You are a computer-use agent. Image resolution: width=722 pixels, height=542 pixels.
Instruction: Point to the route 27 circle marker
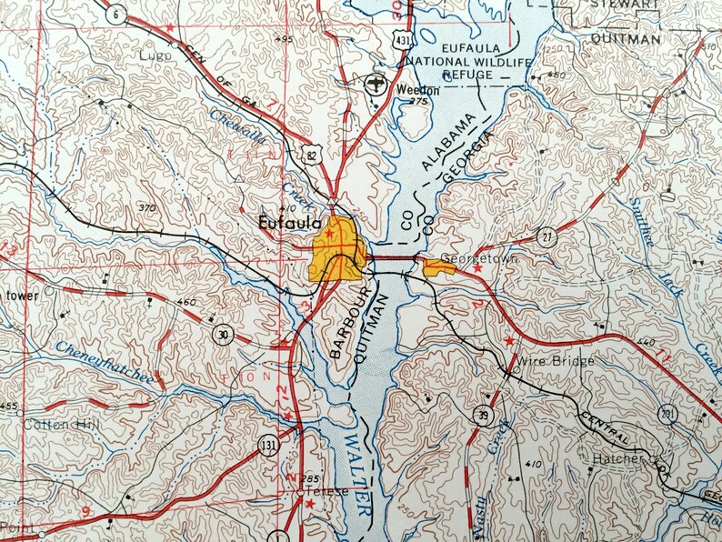pyautogui.click(x=546, y=237)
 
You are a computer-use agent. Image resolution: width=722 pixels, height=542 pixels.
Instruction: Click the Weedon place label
pyautogui.click(x=417, y=90)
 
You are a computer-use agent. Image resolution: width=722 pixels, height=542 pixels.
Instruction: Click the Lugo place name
pyautogui.click(x=155, y=55)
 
